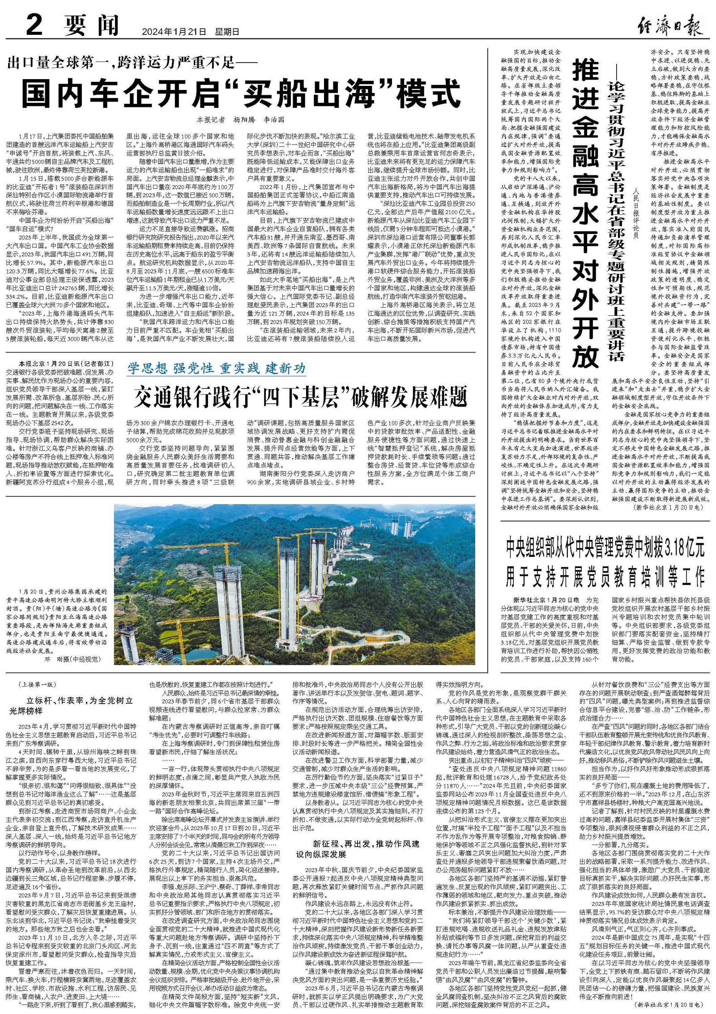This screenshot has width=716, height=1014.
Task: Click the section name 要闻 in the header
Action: (91, 25)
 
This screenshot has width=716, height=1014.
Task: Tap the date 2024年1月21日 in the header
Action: (174, 32)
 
